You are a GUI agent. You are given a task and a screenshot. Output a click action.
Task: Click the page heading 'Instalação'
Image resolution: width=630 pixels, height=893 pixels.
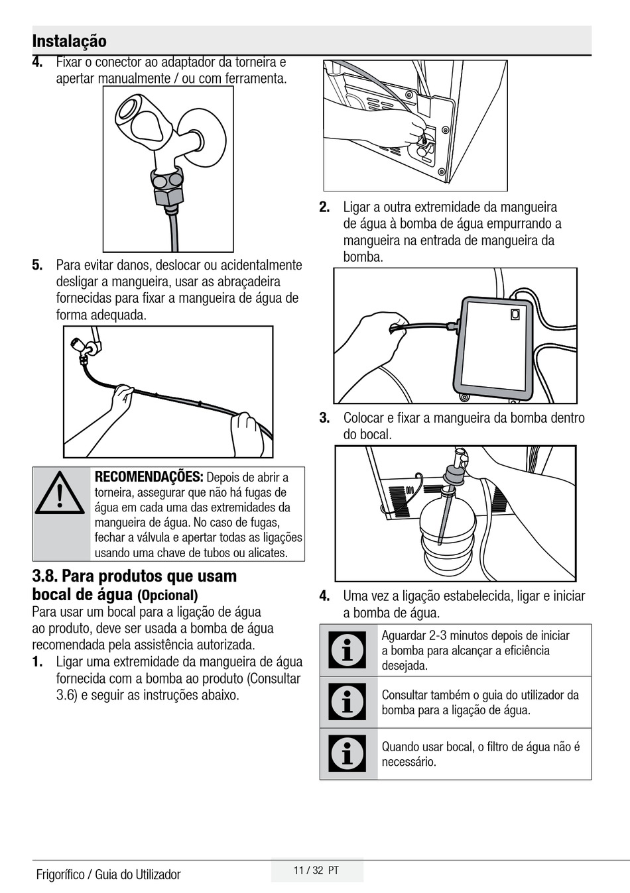click(70, 41)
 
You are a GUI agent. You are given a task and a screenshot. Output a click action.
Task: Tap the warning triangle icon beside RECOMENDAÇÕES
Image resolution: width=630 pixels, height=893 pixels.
click(60, 493)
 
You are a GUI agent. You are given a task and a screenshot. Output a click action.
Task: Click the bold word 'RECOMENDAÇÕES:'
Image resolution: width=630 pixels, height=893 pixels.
click(149, 476)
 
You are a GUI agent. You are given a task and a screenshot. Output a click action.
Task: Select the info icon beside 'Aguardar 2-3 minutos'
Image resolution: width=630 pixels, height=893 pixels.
click(347, 650)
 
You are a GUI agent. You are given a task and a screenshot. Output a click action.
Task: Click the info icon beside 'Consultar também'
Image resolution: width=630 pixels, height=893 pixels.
click(347, 702)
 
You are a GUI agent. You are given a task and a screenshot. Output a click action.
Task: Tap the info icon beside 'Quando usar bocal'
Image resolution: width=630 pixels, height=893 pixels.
click(347, 753)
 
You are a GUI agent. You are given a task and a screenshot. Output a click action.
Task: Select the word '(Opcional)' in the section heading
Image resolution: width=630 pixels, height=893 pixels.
click(168, 596)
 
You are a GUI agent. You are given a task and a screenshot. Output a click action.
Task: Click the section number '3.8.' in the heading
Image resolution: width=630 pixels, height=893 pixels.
click(46, 576)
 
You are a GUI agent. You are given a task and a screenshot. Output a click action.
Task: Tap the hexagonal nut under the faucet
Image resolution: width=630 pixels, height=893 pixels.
click(168, 196)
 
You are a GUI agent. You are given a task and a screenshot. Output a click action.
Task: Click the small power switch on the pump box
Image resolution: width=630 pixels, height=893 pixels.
click(515, 315)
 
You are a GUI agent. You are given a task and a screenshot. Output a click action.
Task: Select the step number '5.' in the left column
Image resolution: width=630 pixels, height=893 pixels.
click(38, 265)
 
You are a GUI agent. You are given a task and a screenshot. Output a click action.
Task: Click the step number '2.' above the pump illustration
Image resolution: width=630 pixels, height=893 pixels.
click(324, 207)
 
